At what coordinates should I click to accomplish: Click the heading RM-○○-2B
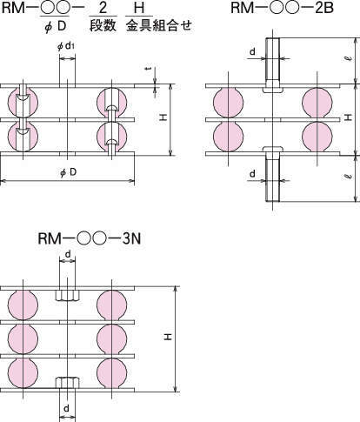282,7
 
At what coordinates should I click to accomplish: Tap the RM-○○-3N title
90,239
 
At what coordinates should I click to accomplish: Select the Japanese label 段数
103,25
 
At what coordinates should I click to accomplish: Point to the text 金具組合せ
159,25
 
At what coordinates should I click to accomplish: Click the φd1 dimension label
66,47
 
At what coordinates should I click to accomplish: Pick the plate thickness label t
149,69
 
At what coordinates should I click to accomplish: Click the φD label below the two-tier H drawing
69,172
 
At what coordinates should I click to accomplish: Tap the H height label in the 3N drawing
168,337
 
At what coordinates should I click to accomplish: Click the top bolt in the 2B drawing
273,65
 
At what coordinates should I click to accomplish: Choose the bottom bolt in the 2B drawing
273,174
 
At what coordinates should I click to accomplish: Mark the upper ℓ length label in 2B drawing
350,58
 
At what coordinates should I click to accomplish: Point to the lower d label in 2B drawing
253,174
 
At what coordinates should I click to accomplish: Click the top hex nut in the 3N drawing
67,295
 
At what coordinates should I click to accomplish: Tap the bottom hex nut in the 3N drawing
67,383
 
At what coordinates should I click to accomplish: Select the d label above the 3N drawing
68,254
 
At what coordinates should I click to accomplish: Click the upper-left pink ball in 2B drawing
228,102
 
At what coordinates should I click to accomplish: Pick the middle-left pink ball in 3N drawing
23,338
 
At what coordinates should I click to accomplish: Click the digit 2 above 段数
103,8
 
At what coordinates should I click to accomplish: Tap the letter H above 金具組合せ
139,8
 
